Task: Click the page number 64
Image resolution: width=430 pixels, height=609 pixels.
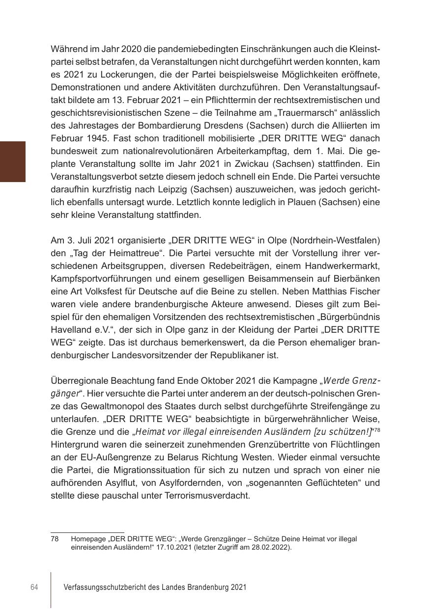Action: click(x=34, y=587)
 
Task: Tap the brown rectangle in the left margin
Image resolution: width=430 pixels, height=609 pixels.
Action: click(x=13, y=161)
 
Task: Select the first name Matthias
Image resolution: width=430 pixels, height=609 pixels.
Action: click(x=322, y=291)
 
